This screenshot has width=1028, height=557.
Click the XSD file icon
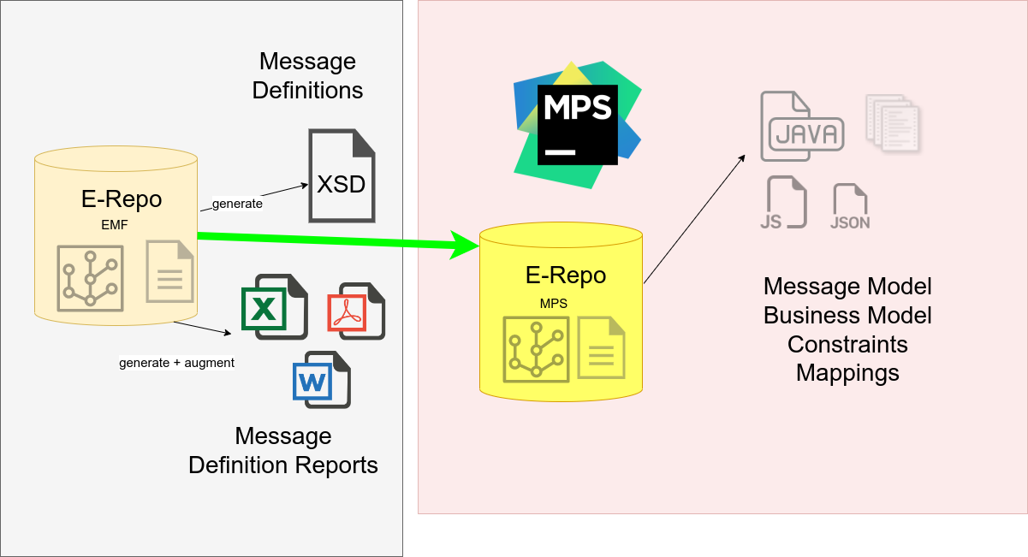[342, 175]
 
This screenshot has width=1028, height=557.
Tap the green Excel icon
[274, 306]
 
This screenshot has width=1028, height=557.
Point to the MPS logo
[577, 124]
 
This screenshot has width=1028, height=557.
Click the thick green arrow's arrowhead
[465, 246]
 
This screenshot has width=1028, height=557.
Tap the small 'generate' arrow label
[237, 204]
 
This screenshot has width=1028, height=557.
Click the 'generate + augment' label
[176, 363]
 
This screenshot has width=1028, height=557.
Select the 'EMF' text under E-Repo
[114, 226]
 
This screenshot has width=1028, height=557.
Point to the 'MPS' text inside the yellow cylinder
[553, 303]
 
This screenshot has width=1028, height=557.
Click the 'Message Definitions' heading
[307, 75]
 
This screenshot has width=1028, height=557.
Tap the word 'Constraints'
[847, 344]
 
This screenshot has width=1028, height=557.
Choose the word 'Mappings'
[847, 373]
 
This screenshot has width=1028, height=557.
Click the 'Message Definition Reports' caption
[283, 450]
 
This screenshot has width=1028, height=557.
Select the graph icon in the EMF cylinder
[90, 278]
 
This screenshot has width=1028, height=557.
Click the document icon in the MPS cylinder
[601, 347]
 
